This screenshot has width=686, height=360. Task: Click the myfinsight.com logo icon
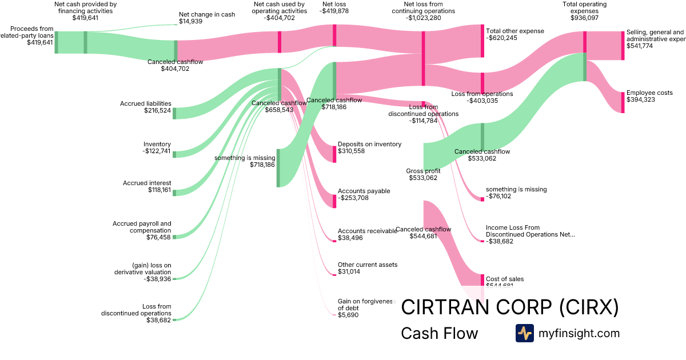pyautogui.click(x=525, y=333)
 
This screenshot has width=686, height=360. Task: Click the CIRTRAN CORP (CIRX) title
pyautogui.click(x=509, y=307)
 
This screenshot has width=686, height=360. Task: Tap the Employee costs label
pyautogui.click(x=649, y=96)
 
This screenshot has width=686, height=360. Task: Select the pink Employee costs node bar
pyautogui.click(x=623, y=102)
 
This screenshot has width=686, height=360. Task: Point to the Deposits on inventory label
pyautogui.click(x=369, y=147)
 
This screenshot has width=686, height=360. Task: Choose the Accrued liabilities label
pyautogui.click(x=146, y=107)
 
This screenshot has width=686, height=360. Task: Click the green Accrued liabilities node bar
pyautogui.click(x=174, y=113)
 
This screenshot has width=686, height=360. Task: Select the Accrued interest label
pyautogui.click(x=147, y=186)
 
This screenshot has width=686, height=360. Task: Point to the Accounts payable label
pyautogui.click(x=364, y=194)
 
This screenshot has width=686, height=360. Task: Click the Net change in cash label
pyautogui.click(x=198, y=18)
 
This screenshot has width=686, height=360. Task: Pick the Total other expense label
pyautogui.click(x=514, y=34)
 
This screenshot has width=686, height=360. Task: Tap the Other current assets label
pyautogui.click(x=367, y=268)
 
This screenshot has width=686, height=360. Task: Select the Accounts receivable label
pyautogui.click(x=367, y=234)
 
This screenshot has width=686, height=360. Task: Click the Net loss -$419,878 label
pyautogui.click(x=334, y=7)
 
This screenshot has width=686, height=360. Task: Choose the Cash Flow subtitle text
pyautogui.click(x=439, y=333)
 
